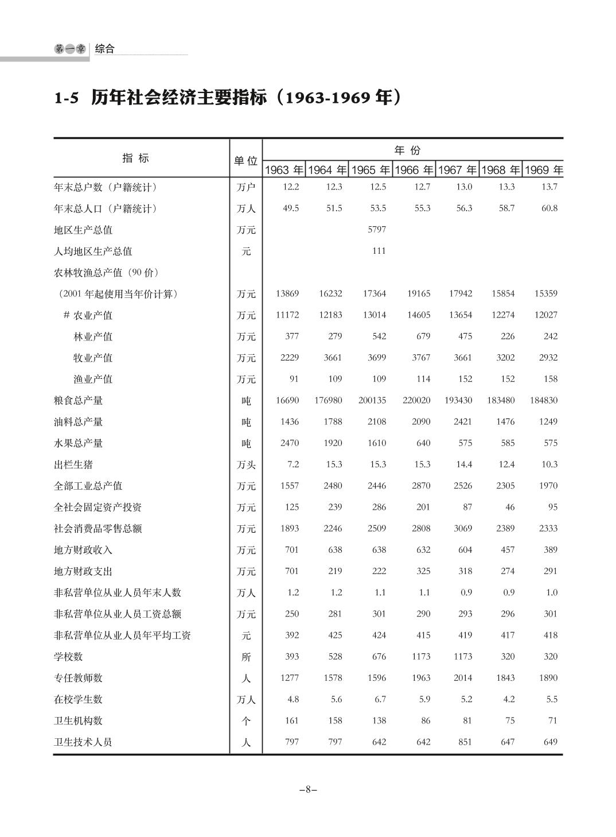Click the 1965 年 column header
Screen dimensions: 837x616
pos(371,170)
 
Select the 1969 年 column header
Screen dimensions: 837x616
pos(544,170)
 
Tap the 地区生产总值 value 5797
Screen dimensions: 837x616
pos(377,230)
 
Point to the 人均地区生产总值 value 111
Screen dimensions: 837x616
pos(379,251)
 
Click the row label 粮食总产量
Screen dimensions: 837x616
pos(79,401)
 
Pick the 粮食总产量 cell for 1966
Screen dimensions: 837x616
pos(416,401)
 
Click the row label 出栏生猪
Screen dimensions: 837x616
pos(73,464)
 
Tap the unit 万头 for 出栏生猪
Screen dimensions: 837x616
pos(246,465)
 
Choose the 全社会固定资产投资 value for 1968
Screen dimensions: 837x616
pos(510,507)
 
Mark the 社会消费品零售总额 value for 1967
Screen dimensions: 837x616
pos(463,529)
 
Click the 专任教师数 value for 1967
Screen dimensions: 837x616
pos(463,678)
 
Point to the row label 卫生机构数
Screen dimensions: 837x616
pos(79,721)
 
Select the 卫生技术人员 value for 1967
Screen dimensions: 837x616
pos(465,742)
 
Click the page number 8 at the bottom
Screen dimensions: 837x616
pos(308,789)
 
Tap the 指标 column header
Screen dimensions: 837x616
pos(136,158)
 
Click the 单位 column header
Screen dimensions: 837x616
pos(245,161)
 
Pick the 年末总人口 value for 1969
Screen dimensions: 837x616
pos(549,208)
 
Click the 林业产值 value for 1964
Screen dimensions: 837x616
pos(334,336)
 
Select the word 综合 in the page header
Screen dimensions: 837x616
pos(105,49)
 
